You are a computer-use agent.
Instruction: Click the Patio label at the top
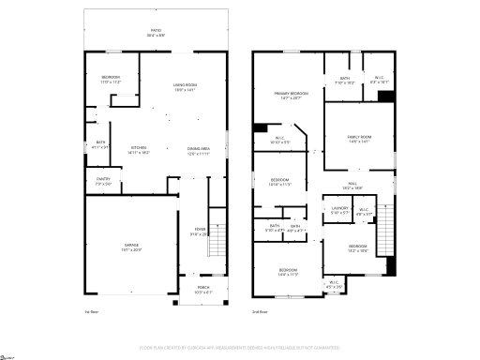156,32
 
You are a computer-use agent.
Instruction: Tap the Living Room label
185,88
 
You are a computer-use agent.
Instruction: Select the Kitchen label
139,149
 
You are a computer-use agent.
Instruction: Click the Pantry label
104,182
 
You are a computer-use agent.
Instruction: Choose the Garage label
131,248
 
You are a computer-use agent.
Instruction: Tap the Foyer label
200,232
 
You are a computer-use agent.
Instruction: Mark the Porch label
203,291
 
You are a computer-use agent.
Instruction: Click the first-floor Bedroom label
111,79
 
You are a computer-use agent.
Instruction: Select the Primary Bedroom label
292,96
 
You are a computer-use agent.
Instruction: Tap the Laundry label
339,210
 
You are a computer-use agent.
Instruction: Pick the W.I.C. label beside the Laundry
363,212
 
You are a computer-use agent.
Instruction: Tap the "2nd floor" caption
260,312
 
